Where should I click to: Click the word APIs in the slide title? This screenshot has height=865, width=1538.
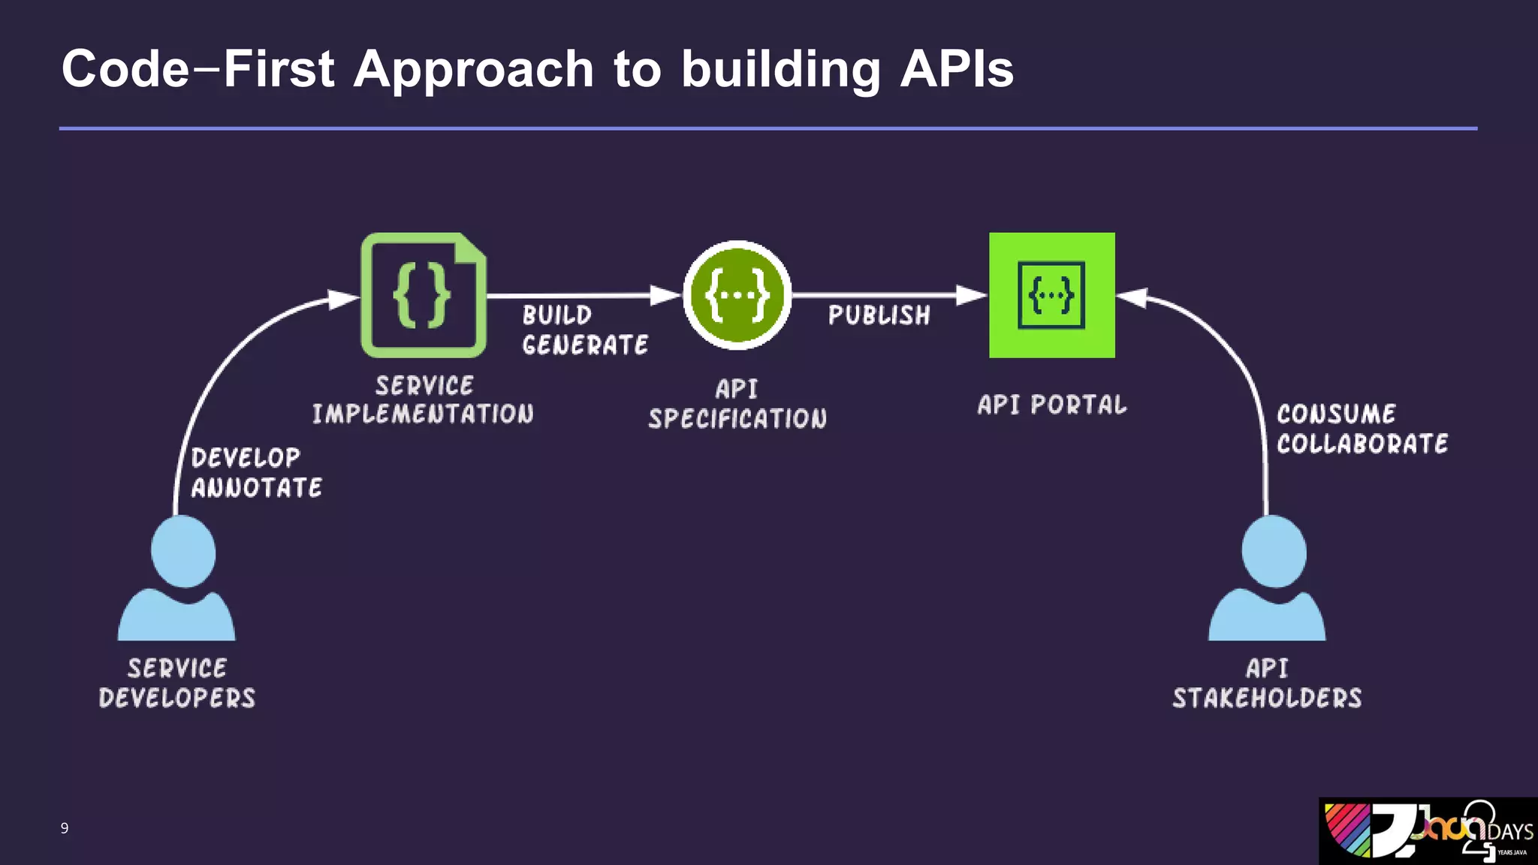(957, 69)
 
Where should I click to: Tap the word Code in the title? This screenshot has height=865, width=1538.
(125, 69)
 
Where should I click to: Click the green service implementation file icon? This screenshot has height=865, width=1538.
(423, 295)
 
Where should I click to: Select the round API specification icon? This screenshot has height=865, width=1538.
(737, 295)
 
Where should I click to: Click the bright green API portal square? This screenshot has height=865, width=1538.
(1051, 295)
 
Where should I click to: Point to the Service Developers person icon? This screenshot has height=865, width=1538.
(177, 578)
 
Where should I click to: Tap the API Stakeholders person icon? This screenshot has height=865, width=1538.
(1267, 578)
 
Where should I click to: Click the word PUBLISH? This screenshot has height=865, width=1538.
(879, 315)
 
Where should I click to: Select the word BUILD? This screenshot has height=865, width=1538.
(557, 315)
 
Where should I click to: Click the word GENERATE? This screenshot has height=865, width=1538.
(585, 345)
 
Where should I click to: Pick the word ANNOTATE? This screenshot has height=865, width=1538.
(257, 488)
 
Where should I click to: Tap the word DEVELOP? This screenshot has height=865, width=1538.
(246, 458)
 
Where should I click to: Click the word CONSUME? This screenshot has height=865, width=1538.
(1336, 414)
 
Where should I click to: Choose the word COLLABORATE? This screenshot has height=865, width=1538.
(1362, 444)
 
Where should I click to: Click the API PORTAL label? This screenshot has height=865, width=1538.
(1051, 405)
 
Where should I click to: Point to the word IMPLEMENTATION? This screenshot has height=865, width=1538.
(423, 414)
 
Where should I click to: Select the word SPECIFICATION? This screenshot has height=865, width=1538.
(737, 418)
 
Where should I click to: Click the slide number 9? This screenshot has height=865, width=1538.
(65, 828)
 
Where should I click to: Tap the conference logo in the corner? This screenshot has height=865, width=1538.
(1428, 830)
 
